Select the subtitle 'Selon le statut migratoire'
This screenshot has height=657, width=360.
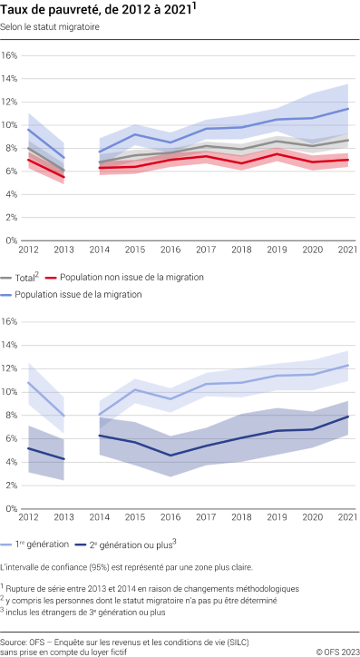point(51,28)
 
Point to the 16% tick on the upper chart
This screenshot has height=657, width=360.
point(10,54)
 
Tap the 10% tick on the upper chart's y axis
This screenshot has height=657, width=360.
point(10,124)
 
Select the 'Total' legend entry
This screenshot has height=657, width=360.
point(24,277)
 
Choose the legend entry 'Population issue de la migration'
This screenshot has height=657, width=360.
point(77,294)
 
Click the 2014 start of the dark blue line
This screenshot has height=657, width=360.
point(100,436)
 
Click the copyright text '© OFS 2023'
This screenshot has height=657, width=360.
point(336,652)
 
